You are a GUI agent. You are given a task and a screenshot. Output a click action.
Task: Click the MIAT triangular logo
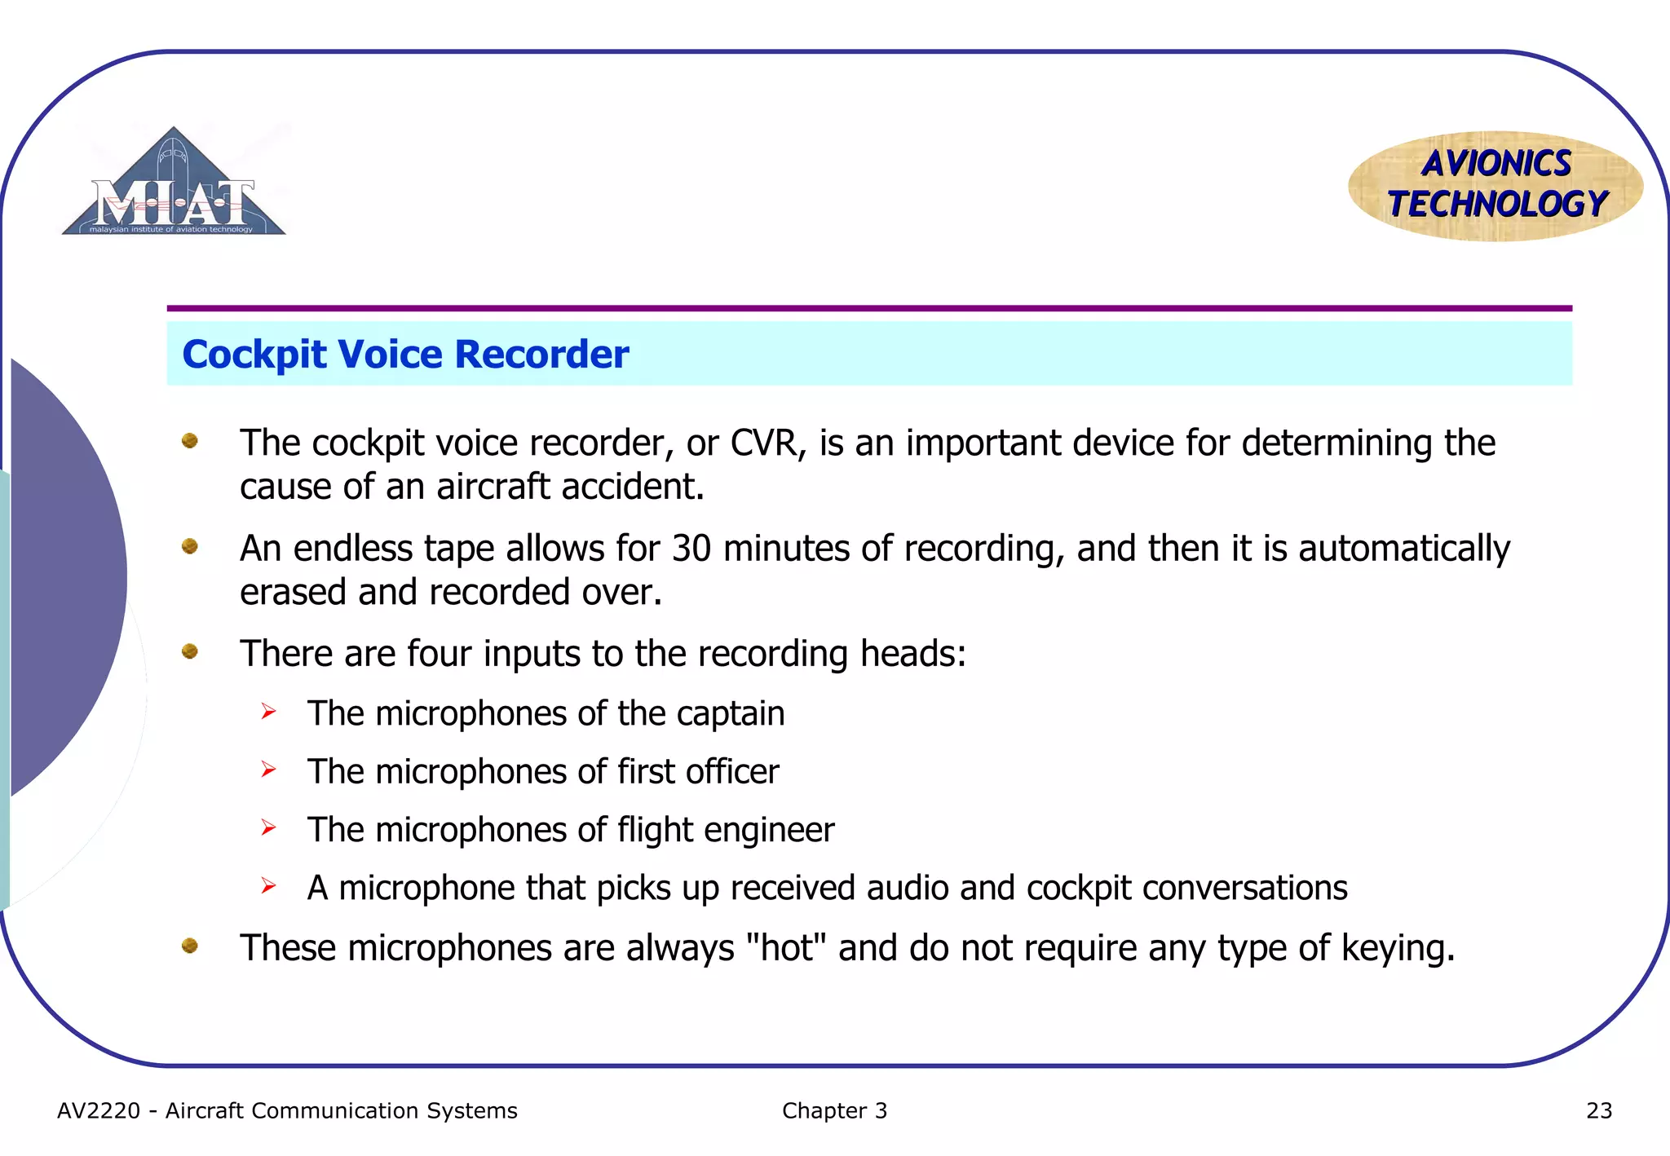[x=174, y=187]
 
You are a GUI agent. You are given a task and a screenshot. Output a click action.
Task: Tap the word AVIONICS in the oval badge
[x=1496, y=164]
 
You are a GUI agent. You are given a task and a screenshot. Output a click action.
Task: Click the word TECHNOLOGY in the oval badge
[x=1497, y=204]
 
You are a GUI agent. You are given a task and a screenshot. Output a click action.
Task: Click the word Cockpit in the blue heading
[x=254, y=355]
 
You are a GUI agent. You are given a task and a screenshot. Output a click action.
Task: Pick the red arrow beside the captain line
[x=269, y=713]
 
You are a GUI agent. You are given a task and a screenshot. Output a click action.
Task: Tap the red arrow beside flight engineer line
[x=269, y=828]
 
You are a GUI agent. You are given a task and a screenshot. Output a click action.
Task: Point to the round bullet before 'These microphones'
[x=190, y=946]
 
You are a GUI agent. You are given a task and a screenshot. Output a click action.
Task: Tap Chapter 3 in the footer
[x=834, y=1111]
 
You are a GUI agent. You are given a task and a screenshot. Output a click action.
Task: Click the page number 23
[x=1599, y=1111]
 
